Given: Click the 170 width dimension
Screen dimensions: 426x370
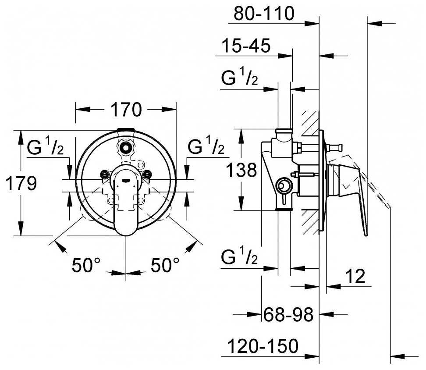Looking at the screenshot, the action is click(x=126, y=110).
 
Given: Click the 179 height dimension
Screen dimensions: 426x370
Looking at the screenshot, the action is click(x=21, y=183).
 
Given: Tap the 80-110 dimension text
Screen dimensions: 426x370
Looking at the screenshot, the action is click(x=264, y=13).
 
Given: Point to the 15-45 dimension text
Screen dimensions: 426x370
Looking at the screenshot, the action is click(x=246, y=45).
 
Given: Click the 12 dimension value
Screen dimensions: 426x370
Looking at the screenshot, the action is click(x=355, y=276).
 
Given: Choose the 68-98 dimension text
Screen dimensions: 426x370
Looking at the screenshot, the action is click(x=288, y=315).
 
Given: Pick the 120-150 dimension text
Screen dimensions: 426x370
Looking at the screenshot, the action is click(x=263, y=346).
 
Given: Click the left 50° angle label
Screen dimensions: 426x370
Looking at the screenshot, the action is click(x=86, y=265).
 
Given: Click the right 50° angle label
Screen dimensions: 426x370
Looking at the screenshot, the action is click(x=165, y=265).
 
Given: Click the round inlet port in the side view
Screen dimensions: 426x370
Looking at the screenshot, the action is click(x=283, y=186).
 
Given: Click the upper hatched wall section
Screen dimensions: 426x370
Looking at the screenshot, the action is click(x=311, y=123).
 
